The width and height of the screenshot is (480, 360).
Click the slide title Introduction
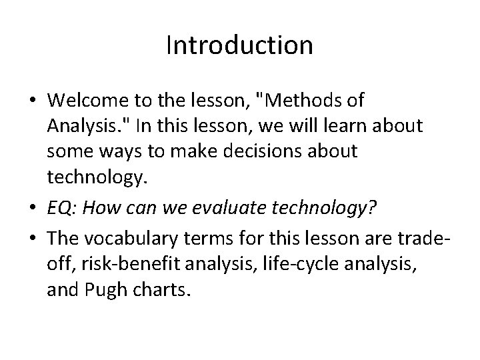click(x=239, y=45)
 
